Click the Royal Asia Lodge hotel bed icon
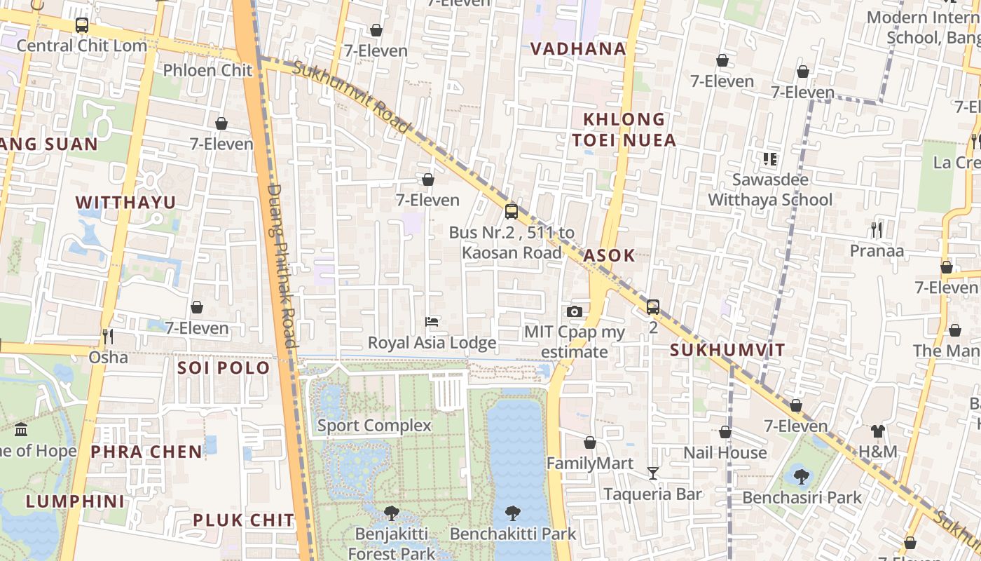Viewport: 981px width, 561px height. point(432,322)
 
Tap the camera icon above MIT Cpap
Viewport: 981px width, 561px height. point(575,311)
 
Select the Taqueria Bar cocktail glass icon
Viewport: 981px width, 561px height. point(653,473)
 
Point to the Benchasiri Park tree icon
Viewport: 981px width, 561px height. point(802,477)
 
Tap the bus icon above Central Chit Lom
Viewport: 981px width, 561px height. point(82,25)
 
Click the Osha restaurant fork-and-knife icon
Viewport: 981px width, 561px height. point(108,337)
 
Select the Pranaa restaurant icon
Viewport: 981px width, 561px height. point(876,229)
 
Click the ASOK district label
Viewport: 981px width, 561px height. point(609,255)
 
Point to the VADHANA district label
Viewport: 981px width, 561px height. point(578,48)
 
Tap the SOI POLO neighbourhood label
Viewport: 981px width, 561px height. point(224,367)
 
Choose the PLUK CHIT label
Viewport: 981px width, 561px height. point(243,520)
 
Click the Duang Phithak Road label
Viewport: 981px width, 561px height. point(283,266)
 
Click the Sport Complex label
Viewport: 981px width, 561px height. point(374,426)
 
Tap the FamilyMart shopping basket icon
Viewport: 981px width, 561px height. point(590,442)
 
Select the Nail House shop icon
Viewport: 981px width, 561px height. point(725,432)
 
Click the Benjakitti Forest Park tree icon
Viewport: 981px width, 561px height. point(392,513)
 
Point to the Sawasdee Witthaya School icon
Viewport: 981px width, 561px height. point(770,159)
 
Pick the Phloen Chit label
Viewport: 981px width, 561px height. point(207,70)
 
